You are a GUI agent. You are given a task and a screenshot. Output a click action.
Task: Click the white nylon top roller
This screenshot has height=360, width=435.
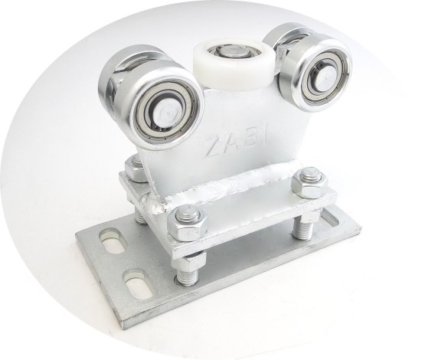coord(234,64)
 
